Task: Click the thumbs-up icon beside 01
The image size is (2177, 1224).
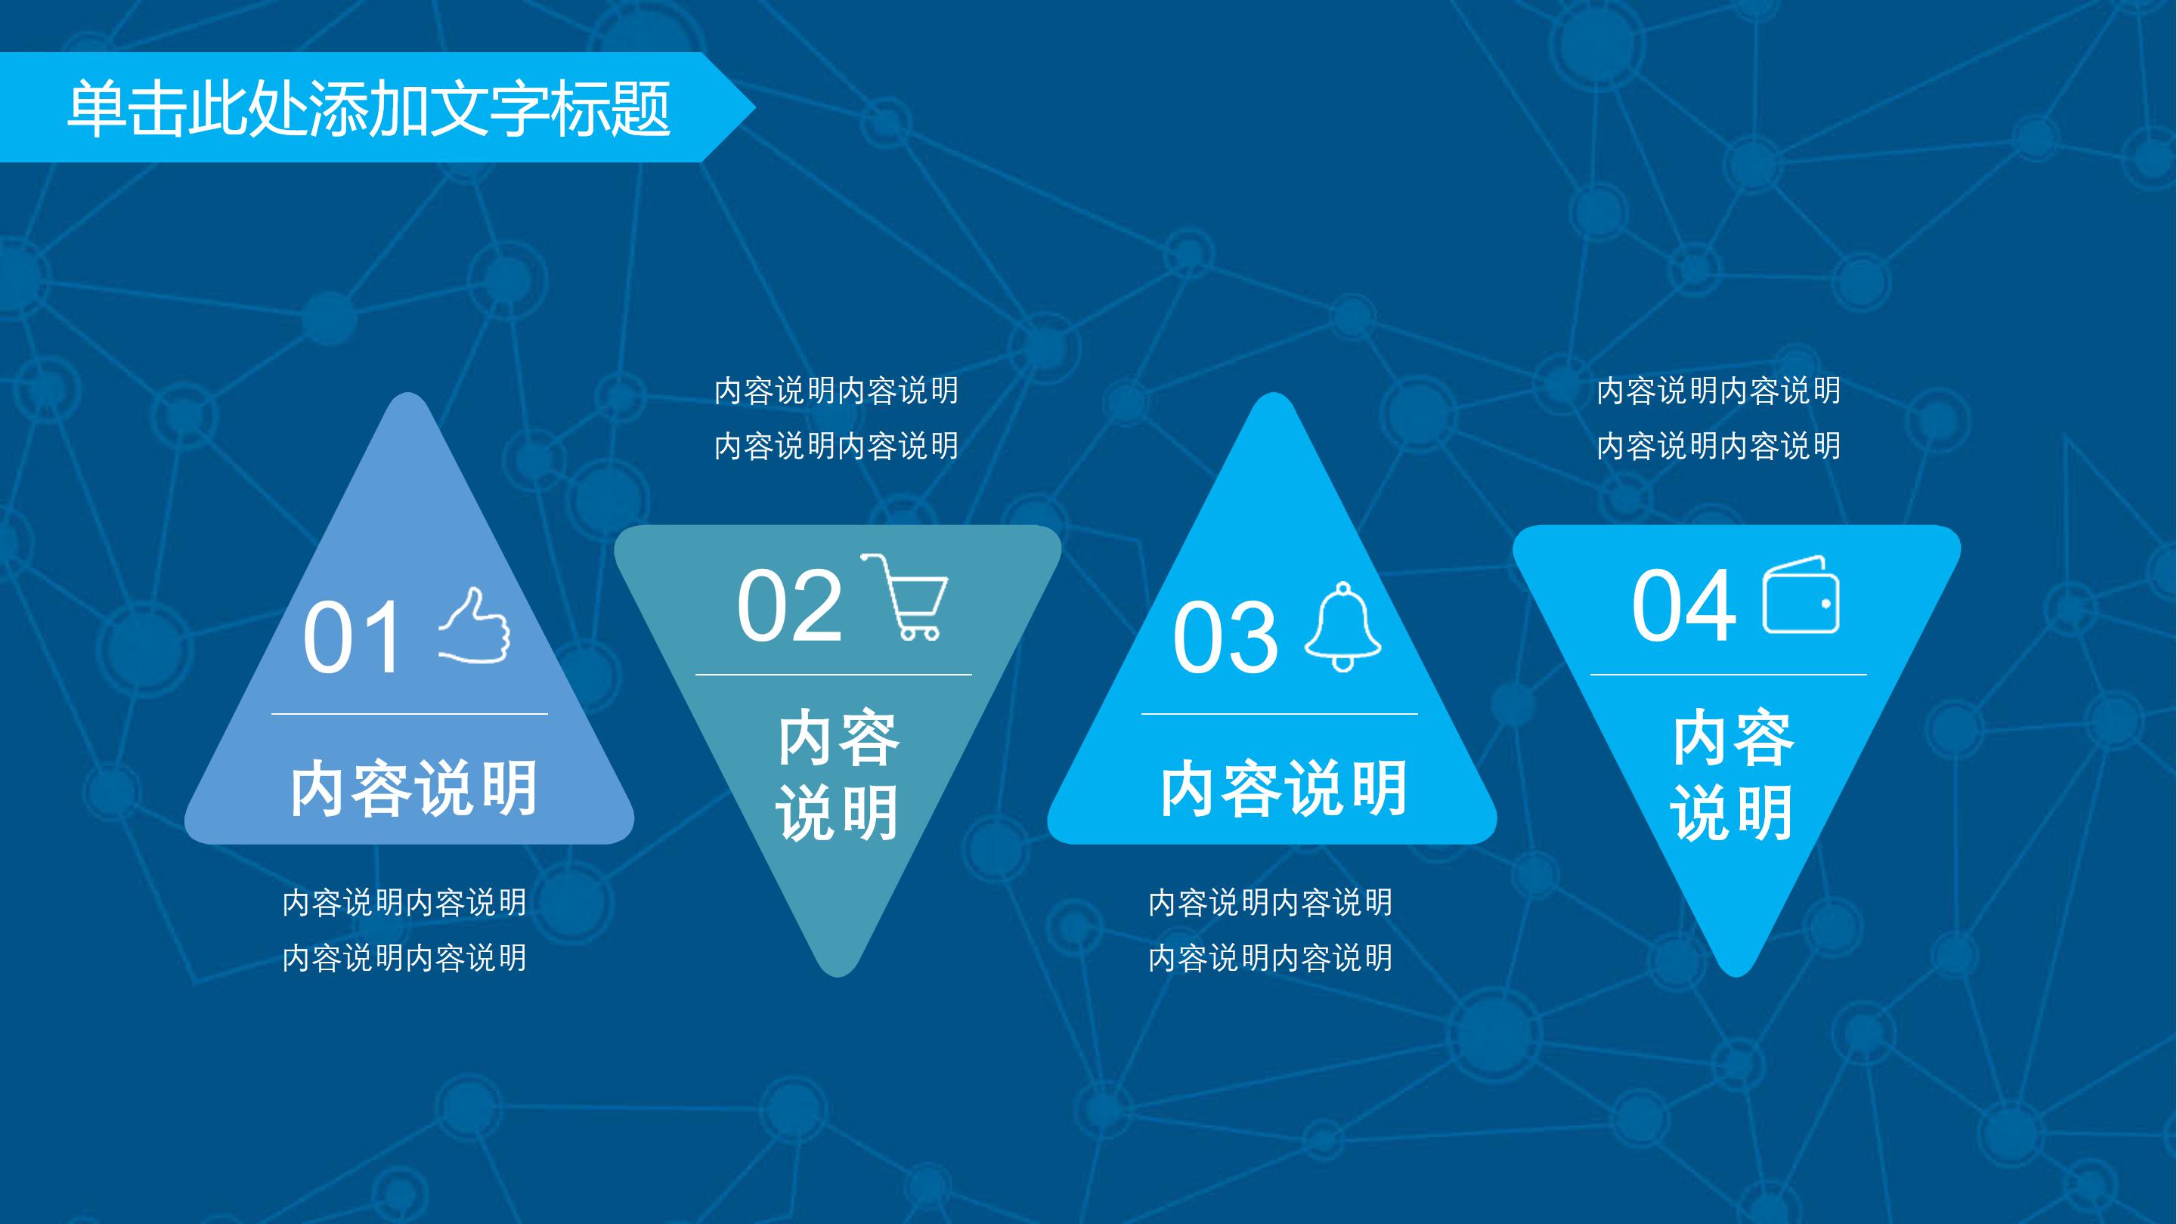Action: (475, 627)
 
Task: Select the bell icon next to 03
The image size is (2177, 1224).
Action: (1343, 627)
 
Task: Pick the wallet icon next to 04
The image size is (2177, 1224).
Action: (1801, 595)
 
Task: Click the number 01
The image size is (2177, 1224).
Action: (353, 638)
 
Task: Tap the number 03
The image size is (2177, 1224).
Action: (1225, 638)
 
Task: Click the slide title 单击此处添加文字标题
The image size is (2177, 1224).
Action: (370, 108)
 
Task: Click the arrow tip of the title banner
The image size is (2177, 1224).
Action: (744, 107)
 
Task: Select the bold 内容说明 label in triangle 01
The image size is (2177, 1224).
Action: (414, 788)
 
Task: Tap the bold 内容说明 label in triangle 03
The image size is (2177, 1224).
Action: (1284, 788)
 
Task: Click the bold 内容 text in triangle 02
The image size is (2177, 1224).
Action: (838, 738)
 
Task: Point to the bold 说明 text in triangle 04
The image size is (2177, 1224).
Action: (1733, 813)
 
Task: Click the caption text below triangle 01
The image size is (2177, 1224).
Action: (405, 930)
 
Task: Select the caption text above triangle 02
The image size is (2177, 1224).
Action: (837, 418)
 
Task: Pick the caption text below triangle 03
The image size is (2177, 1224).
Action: (1270, 930)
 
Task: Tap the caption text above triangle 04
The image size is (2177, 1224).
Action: (1719, 418)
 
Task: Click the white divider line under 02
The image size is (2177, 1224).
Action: (833, 675)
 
